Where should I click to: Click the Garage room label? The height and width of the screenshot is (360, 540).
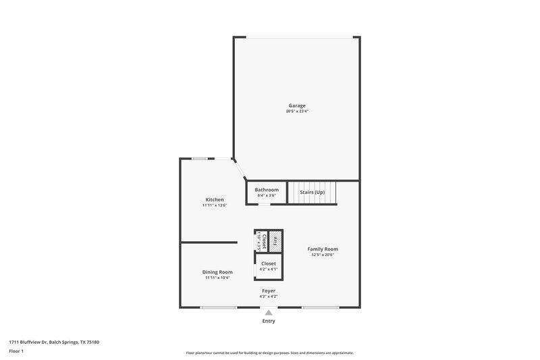pos(297,105)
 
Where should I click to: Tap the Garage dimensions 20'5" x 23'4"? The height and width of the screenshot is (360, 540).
pos(297,111)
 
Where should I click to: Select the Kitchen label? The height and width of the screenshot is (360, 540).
pos(215,199)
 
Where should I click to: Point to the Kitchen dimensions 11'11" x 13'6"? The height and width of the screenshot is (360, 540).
pos(215,205)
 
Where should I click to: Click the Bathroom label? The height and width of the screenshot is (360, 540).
pos(267,190)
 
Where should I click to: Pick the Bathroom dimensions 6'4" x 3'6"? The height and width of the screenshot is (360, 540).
pos(267,195)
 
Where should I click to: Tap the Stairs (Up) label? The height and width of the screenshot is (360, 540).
pos(312,192)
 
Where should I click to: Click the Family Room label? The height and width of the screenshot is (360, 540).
pos(323,249)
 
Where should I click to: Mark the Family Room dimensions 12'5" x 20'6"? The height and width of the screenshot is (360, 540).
pos(323,255)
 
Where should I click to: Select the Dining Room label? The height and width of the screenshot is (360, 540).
pos(217,272)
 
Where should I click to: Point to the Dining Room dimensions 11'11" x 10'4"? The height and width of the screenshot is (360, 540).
pos(217,277)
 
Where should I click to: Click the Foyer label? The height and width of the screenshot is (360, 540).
pos(268,290)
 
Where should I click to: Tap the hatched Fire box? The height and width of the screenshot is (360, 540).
pos(275,239)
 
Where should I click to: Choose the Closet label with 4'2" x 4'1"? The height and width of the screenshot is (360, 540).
pos(268,263)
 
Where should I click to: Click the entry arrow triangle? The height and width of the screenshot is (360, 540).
pos(268,313)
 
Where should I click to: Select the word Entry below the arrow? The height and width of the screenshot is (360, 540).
pos(268,321)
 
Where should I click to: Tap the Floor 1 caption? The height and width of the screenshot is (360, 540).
pos(16,351)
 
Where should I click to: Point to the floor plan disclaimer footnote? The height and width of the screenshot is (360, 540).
pos(270,353)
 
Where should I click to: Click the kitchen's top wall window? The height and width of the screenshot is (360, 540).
pos(200,159)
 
